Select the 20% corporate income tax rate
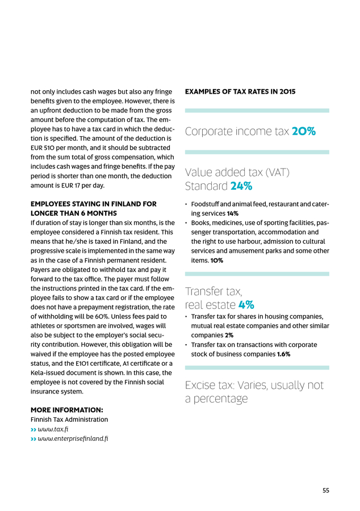pyautogui.click(x=304, y=132)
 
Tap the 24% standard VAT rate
pyautogui.click(x=241, y=186)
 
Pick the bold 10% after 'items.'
pyautogui.click(x=216, y=260)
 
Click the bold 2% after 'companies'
pyautogui.click(x=229, y=335)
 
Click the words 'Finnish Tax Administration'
pyautogui.click(x=69, y=419)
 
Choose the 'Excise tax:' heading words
pyautogui.click(x=211, y=386)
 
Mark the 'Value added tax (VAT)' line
pyautogui.click(x=238, y=172)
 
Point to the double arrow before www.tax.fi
pyautogui.click(x=33, y=429)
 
